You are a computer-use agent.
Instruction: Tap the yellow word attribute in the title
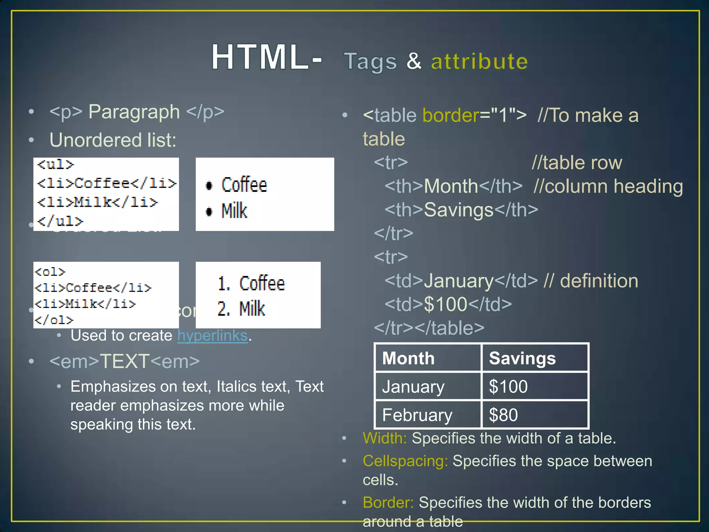pyautogui.click(x=479, y=62)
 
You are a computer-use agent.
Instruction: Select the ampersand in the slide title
pyautogui.click(x=414, y=61)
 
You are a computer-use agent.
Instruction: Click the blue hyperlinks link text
pyautogui.click(x=213, y=335)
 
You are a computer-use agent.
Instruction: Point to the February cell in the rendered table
pyautogui.click(x=417, y=415)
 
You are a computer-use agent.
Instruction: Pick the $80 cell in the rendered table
pyautogui.click(x=503, y=415)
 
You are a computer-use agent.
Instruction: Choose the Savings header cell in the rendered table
pyautogui.click(x=522, y=358)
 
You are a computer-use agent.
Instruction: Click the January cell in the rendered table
pyautogui.click(x=413, y=387)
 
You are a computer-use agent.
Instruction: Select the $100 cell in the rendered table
pyautogui.click(x=508, y=387)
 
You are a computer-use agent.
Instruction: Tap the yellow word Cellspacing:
pyautogui.click(x=405, y=461)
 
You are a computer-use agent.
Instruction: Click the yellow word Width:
pyautogui.click(x=385, y=438)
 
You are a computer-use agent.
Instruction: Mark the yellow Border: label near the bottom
pyautogui.click(x=388, y=503)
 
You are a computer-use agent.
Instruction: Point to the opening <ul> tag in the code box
pyautogui.click(x=56, y=164)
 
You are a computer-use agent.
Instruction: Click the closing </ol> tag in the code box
pyautogui.click(x=54, y=320)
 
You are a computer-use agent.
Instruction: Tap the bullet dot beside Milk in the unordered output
pyautogui.click(x=209, y=211)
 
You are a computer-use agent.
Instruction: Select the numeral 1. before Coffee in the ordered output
pyautogui.click(x=224, y=284)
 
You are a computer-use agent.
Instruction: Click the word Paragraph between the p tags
pyautogui.click(x=134, y=112)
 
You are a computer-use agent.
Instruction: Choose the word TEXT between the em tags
pyautogui.click(x=125, y=361)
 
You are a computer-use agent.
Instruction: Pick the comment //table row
pyautogui.click(x=577, y=162)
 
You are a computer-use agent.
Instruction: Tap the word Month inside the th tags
pyautogui.click(x=451, y=186)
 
